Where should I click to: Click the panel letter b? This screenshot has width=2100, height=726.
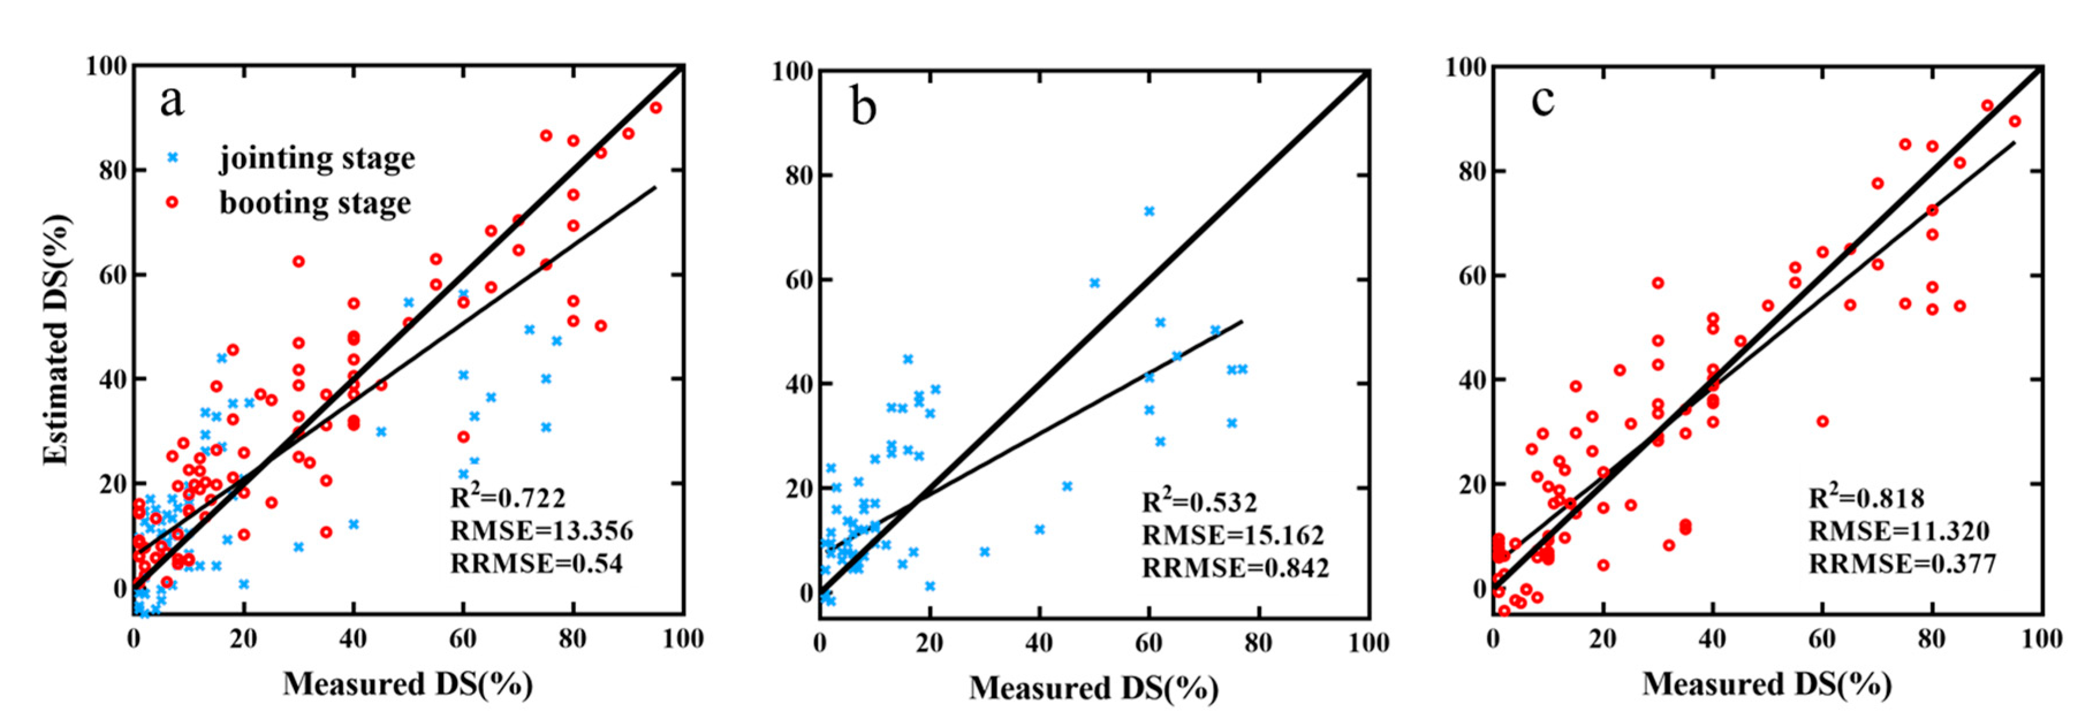(863, 107)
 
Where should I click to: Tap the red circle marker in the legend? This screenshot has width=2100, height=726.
(172, 202)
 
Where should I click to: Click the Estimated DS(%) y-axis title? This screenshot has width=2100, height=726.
(57, 341)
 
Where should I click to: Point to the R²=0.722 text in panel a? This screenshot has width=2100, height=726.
(508, 497)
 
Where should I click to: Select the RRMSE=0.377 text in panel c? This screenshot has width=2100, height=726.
(1902, 563)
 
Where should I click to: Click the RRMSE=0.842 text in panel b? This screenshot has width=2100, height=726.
(1235, 567)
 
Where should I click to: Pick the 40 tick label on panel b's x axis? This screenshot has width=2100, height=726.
(1039, 644)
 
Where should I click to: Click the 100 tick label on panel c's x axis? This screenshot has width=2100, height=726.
(2041, 639)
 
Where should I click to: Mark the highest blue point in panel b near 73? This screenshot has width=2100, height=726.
(1149, 211)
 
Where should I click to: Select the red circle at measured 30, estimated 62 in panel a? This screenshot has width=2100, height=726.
(298, 262)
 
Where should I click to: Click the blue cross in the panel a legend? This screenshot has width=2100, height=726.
(172, 157)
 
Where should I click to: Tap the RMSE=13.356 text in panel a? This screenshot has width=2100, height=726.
(541, 530)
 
